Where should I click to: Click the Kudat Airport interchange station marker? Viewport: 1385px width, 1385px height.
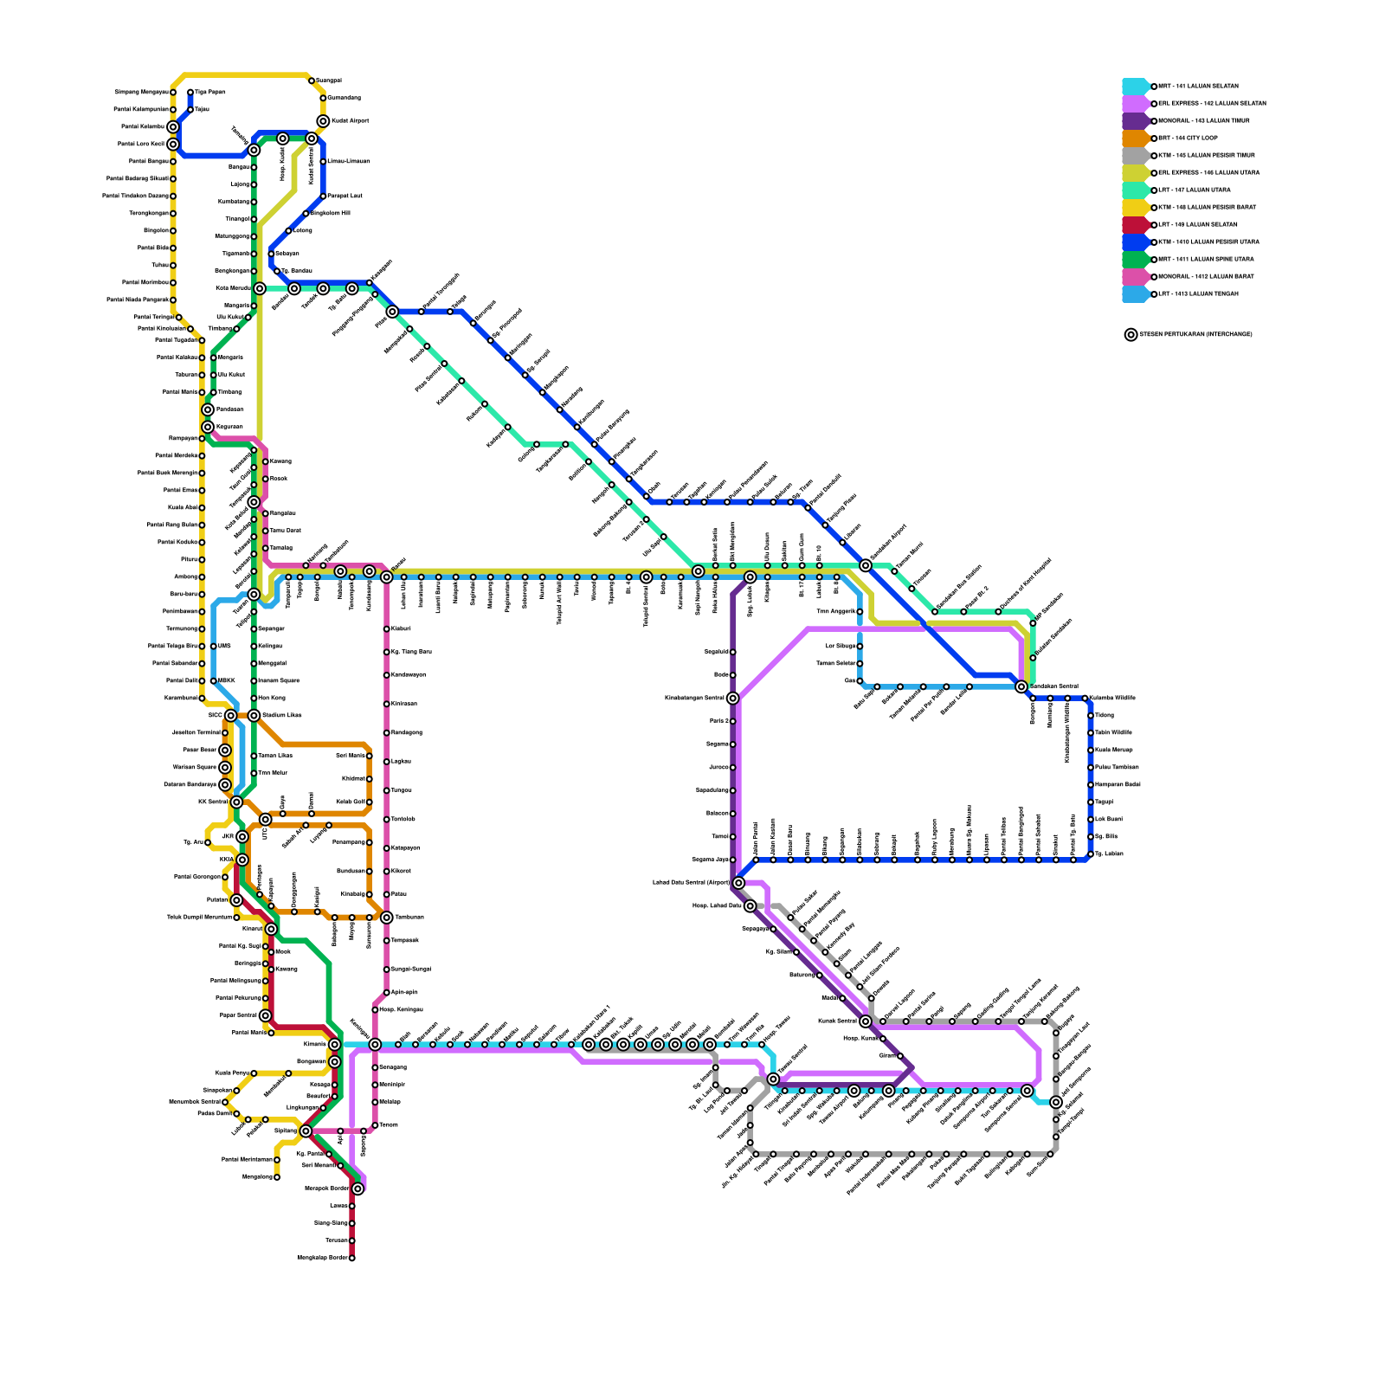(323, 121)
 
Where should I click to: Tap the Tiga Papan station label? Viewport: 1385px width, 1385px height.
(209, 92)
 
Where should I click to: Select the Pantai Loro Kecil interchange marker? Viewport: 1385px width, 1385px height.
(173, 145)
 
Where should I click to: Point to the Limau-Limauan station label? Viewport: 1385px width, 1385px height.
(349, 161)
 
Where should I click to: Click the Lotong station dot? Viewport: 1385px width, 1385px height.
(288, 231)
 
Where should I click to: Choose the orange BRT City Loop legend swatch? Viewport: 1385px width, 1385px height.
(1136, 138)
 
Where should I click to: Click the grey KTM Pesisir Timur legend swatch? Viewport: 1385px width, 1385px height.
(1136, 156)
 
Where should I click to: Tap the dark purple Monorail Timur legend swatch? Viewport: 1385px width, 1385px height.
(1136, 121)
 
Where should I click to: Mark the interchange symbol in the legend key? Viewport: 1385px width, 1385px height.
(1131, 335)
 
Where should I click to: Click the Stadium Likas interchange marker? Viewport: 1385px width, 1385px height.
(254, 716)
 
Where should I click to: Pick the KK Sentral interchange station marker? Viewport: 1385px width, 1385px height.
(236, 802)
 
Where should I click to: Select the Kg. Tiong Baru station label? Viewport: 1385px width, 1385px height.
(411, 652)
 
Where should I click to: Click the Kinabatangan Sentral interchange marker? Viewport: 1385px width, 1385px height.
(732, 699)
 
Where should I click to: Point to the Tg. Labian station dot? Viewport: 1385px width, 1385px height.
(1091, 854)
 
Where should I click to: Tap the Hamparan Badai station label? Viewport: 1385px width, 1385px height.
(1118, 784)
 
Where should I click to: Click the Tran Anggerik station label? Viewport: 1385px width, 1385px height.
(835, 611)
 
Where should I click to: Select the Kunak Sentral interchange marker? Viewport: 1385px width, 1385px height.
(866, 1021)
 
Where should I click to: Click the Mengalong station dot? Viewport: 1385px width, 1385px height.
(277, 1177)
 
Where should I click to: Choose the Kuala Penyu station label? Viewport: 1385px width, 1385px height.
(232, 1073)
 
